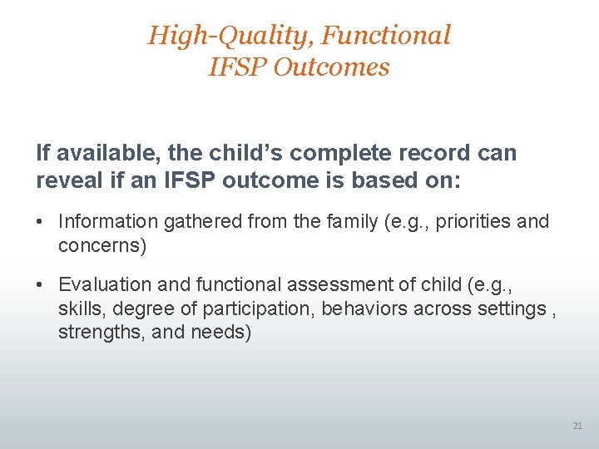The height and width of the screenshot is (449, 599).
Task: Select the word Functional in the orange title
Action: coord(386,36)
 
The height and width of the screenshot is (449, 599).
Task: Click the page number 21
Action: coord(577,426)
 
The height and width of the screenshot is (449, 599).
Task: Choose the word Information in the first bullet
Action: coord(107,222)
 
